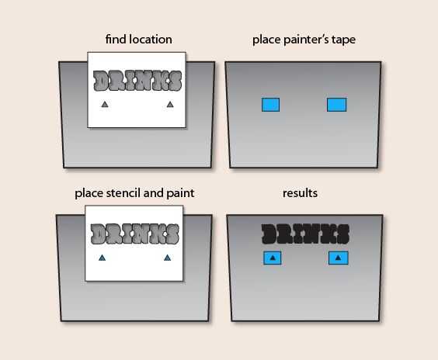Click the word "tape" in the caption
coord(343,40)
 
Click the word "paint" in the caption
coord(180,193)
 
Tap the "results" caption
coord(300,193)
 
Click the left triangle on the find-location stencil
coord(105,105)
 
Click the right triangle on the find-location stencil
coord(170,105)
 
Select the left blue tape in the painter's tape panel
coord(271,105)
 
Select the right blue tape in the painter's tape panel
coord(336,105)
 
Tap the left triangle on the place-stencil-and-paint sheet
coord(103,258)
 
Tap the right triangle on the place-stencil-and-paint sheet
coord(167,258)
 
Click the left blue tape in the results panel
coord(273,258)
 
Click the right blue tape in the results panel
coord(339,258)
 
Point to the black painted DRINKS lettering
coord(305,234)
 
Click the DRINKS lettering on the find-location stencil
coord(137,81)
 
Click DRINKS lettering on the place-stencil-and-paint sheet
coord(135,234)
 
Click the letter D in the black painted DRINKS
coord(269,234)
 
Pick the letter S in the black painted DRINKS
coord(343,234)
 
